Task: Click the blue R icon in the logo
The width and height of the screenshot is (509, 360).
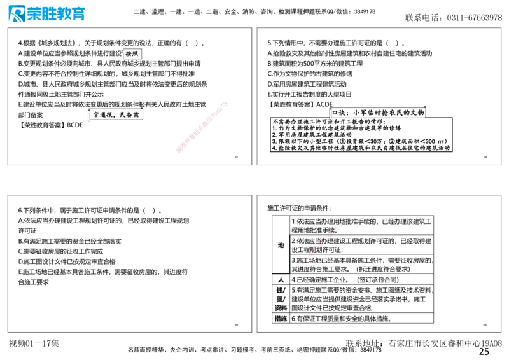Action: click(x=16, y=14)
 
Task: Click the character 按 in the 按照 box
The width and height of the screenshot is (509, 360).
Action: click(x=129, y=54)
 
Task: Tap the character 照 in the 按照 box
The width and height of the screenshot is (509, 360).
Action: click(x=136, y=54)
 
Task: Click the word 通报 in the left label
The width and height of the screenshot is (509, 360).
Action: click(x=106, y=115)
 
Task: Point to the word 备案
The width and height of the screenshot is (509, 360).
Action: click(x=132, y=115)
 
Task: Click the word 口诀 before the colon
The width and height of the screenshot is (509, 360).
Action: click(x=337, y=113)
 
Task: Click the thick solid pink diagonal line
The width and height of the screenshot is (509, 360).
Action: click(x=201, y=127)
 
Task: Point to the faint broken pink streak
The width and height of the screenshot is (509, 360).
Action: click(x=322, y=243)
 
